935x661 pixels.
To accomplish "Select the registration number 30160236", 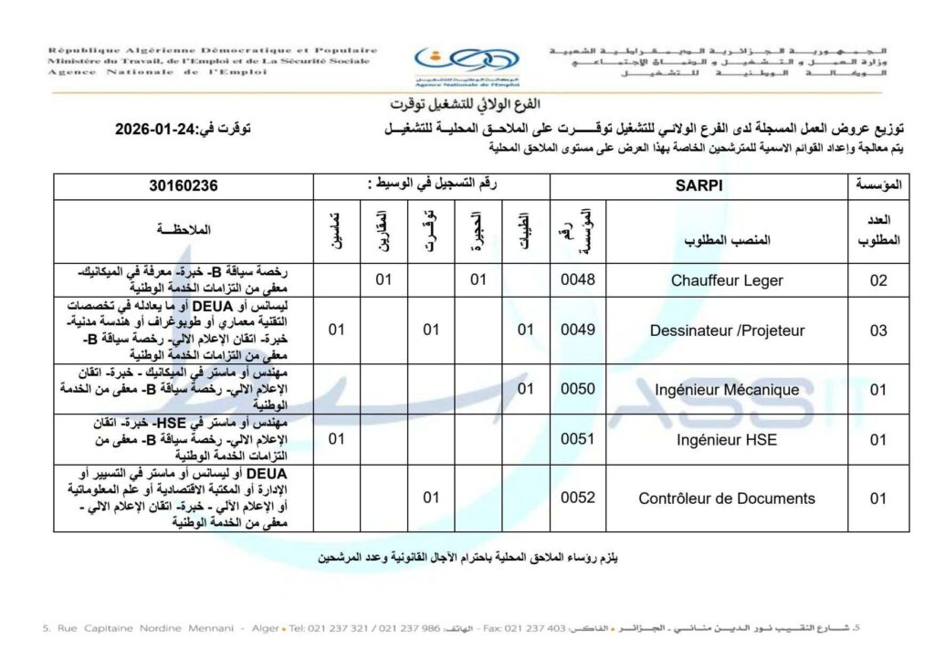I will [x=184, y=185].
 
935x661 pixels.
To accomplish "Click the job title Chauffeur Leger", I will [x=727, y=280].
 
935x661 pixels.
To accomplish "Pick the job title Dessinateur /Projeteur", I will [x=727, y=330].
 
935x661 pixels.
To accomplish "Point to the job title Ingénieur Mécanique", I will [x=727, y=390].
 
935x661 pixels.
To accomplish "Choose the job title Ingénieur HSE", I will [x=727, y=439].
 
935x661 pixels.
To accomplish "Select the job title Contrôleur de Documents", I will [x=727, y=498].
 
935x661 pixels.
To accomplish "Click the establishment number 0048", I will [x=578, y=279].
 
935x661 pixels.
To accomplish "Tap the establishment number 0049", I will [x=578, y=330].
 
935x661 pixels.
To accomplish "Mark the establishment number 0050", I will [x=578, y=389].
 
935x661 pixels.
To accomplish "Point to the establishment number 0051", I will [x=578, y=439].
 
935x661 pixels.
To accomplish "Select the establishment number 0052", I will [x=578, y=498].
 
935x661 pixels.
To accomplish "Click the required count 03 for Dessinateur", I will [x=877, y=330].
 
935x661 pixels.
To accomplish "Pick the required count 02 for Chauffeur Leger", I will [x=877, y=280].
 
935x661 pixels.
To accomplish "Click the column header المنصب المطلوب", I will [x=727, y=240].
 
